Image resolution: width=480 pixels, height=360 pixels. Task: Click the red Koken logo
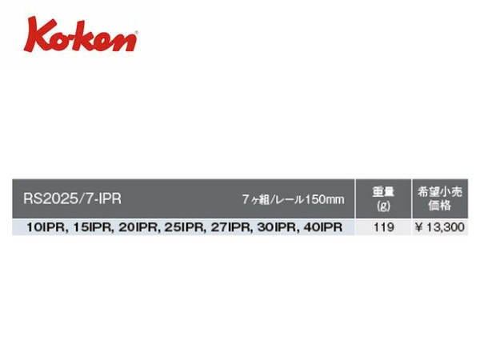tap(80, 35)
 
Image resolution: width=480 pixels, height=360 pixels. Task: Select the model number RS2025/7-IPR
tap(72, 198)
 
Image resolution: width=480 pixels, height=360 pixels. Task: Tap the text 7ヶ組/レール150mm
tap(294, 199)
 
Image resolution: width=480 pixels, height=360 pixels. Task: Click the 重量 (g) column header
tap(383, 199)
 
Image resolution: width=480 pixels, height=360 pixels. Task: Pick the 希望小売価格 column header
tap(440, 198)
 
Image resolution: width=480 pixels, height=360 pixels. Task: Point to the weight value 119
tap(383, 227)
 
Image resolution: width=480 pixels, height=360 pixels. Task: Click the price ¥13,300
tap(440, 227)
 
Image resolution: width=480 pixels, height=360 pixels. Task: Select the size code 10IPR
tap(46, 227)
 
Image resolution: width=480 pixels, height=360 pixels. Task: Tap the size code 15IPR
tap(93, 227)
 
